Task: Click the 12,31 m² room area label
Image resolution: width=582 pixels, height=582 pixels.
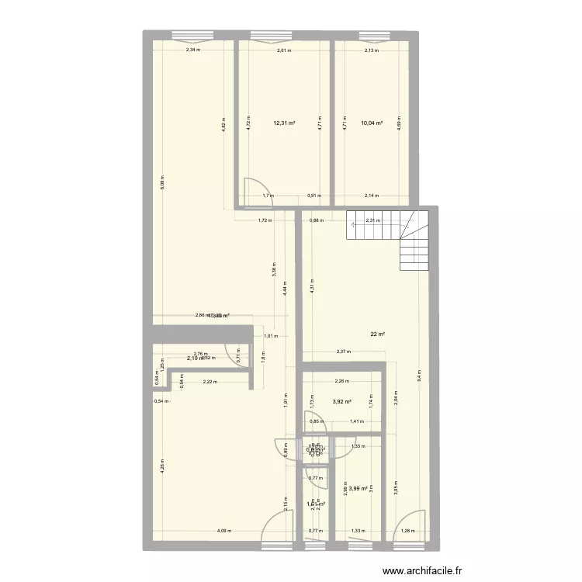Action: pos(283,123)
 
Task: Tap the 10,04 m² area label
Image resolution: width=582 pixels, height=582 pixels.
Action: pos(372,123)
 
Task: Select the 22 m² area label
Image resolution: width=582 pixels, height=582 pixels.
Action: pos(378,334)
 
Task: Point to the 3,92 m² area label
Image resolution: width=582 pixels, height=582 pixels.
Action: pos(342,402)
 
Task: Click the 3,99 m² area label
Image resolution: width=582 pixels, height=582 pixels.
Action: pos(359,488)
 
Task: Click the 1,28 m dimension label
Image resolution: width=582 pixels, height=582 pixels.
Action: pos(409,532)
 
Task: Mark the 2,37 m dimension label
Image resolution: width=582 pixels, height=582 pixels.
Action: pos(343,352)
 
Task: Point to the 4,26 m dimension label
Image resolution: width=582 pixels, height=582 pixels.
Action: pos(162,467)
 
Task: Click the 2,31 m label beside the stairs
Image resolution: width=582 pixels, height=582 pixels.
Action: pos(372,220)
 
